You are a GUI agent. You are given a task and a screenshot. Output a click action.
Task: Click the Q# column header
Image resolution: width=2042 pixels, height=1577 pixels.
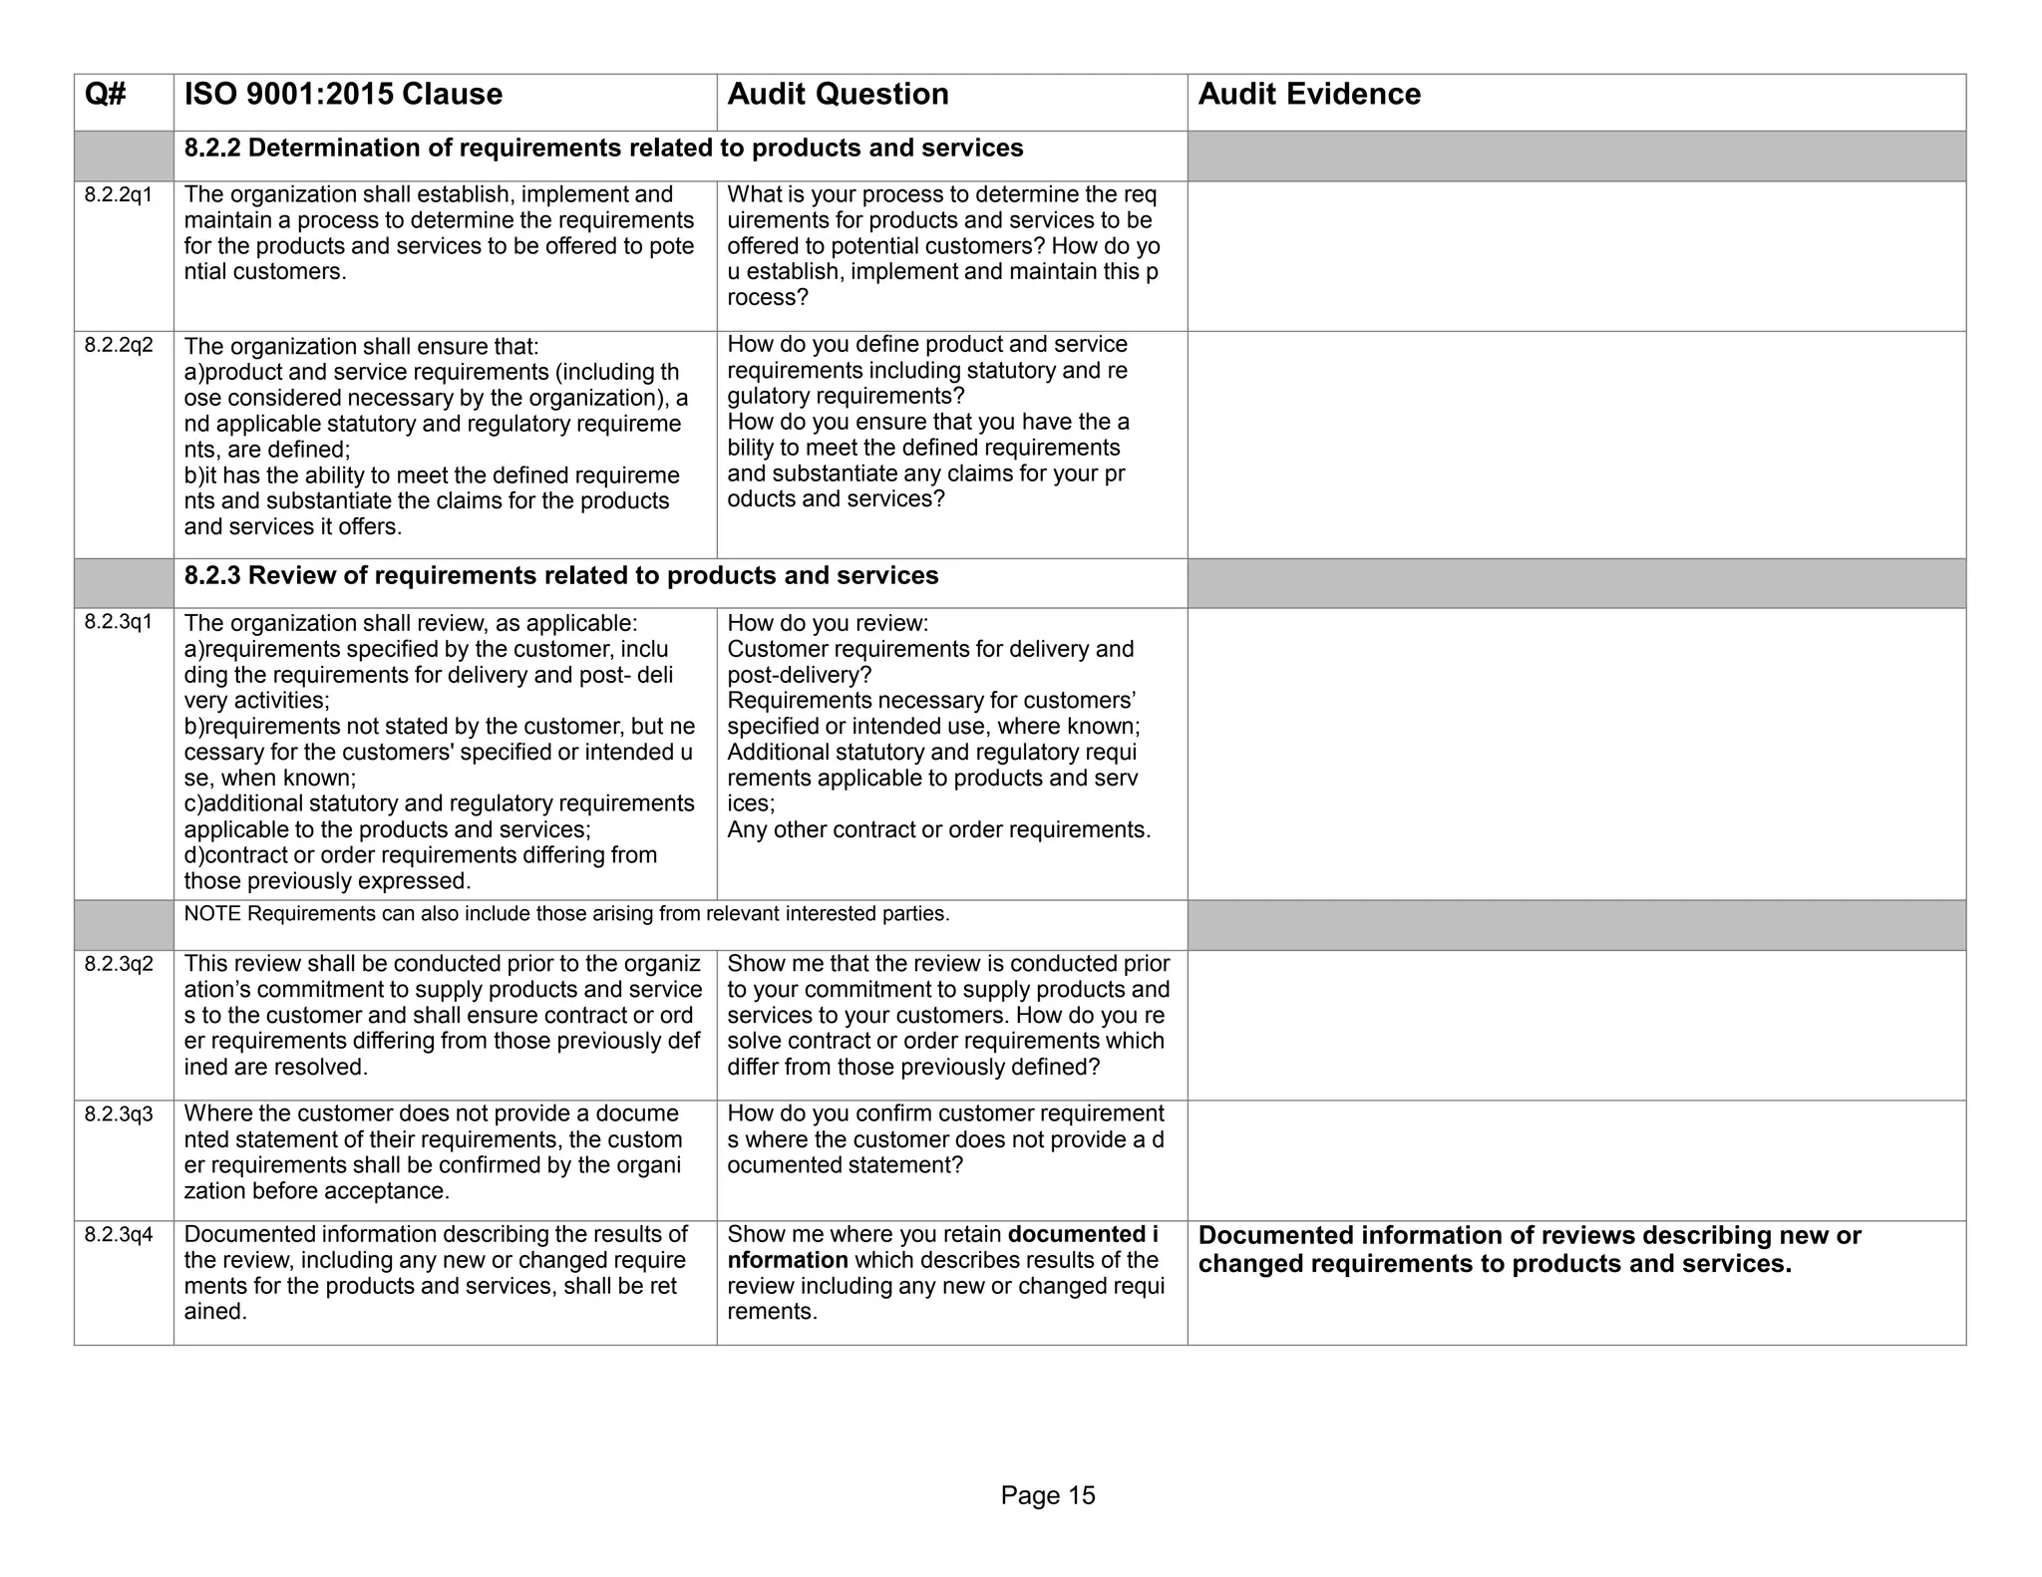[x=106, y=95]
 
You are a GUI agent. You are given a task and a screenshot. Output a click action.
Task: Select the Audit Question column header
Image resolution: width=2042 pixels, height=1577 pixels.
[x=838, y=95]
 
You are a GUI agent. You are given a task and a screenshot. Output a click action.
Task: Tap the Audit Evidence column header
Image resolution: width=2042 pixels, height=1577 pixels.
[x=1308, y=95]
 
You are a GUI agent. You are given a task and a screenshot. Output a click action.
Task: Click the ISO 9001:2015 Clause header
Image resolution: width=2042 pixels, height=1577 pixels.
[x=343, y=95]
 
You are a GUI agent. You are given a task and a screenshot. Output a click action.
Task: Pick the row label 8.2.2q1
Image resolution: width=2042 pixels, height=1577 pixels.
[x=119, y=194]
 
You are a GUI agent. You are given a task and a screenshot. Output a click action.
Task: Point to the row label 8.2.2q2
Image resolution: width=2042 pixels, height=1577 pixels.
[x=119, y=345]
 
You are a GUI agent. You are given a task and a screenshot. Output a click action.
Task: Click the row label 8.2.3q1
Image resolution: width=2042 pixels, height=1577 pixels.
[x=119, y=622]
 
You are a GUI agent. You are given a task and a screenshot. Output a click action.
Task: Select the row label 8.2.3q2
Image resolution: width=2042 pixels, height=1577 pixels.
[x=119, y=964]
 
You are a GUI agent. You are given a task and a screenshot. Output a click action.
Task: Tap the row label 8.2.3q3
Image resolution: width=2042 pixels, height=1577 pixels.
[x=119, y=1113]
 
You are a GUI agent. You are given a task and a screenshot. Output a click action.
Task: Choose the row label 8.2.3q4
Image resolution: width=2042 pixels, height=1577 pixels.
[x=119, y=1235]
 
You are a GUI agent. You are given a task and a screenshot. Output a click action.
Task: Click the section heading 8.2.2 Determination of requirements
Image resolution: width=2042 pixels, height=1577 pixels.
[x=603, y=149]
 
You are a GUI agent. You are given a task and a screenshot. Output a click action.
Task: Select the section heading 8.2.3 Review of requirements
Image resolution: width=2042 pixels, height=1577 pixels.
[x=560, y=576]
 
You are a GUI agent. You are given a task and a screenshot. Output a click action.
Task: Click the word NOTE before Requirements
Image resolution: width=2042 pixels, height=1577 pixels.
[x=211, y=914]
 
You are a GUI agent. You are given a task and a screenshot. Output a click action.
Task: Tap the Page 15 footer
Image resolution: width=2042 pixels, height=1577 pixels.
[x=1047, y=1495]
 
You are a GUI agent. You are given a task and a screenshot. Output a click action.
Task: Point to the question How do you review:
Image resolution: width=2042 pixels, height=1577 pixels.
[x=828, y=623]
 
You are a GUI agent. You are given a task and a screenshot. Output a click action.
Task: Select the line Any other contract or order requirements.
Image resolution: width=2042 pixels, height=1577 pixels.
[x=938, y=829]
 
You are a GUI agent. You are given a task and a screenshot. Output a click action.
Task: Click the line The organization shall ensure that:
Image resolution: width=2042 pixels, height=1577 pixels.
[x=361, y=346]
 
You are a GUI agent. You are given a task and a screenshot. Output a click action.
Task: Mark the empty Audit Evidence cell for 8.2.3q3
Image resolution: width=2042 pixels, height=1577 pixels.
[x=1575, y=1160]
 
